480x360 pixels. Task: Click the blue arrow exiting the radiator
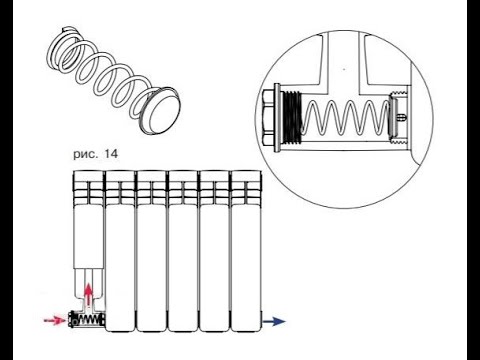(274, 321)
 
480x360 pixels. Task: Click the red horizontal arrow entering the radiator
(55, 320)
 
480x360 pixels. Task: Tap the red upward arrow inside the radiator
(88, 294)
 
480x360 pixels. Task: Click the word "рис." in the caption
(85, 154)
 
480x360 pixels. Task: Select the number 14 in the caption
(111, 154)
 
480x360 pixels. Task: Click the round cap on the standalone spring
(161, 111)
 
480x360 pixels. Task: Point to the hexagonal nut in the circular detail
(269, 118)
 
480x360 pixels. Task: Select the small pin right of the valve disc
(402, 117)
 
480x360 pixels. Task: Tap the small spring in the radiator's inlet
(89, 321)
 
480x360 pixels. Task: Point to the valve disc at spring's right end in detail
(392, 116)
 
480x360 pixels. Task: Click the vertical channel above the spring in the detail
(344, 63)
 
